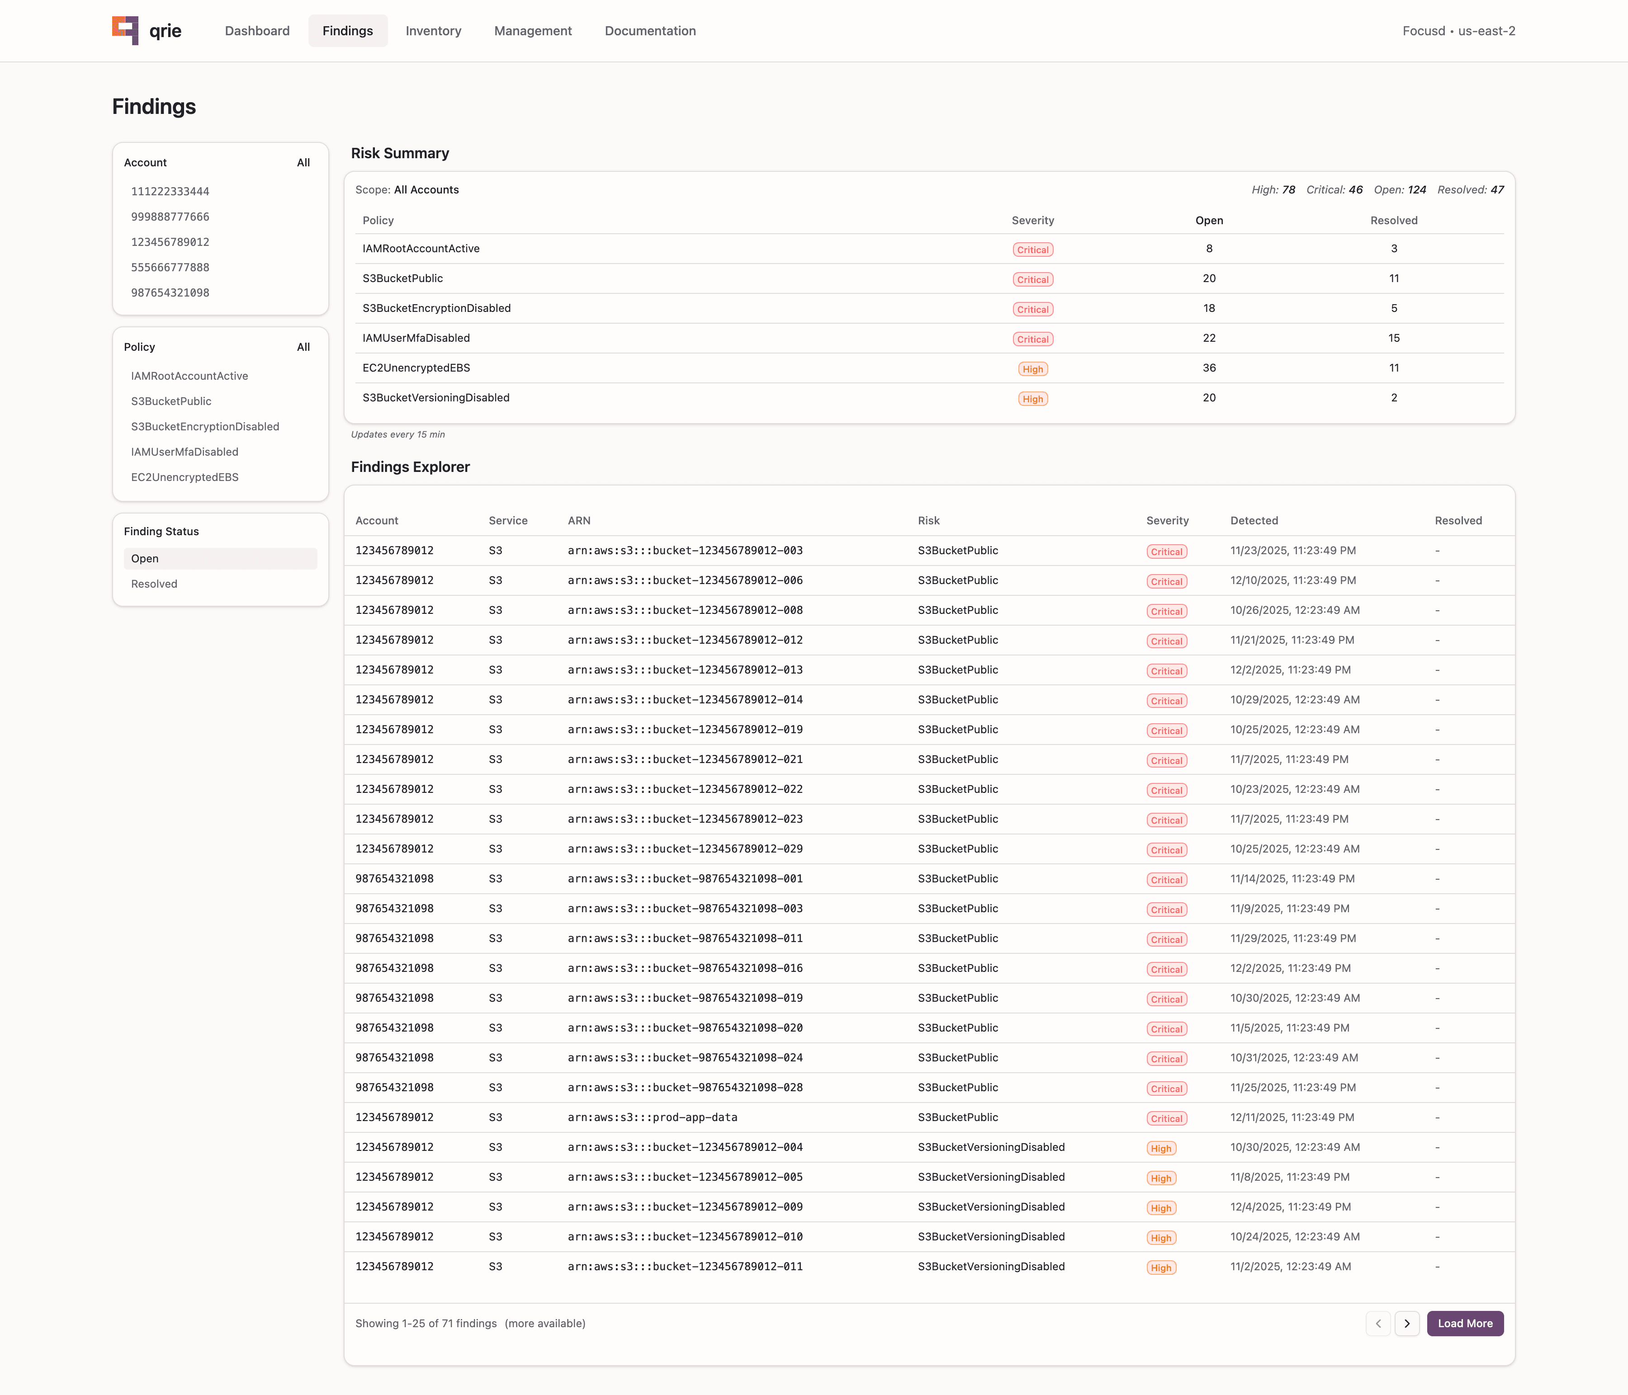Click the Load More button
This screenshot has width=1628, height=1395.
pyautogui.click(x=1465, y=1324)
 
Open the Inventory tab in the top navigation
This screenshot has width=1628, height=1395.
pyautogui.click(x=433, y=31)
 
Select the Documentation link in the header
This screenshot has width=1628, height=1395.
pyautogui.click(x=650, y=31)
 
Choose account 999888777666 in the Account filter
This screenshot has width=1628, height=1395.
pyautogui.click(x=170, y=217)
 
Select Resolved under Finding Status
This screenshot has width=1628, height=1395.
pyautogui.click(x=154, y=584)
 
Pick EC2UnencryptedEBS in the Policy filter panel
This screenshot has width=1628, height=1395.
pyautogui.click(x=185, y=477)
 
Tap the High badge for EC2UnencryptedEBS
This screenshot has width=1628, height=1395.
pyautogui.click(x=1032, y=369)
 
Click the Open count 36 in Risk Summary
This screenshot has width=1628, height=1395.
pyautogui.click(x=1208, y=368)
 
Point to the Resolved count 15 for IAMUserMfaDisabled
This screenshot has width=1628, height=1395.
pyautogui.click(x=1393, y=338)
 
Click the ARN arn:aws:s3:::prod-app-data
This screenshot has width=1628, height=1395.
pyautogui.click(x=652, y=1117)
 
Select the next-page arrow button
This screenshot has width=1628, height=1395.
pyautogui.click(x=1406, y=1324)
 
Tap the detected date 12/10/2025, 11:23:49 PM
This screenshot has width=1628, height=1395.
pyautogui.click(x=1292, y=580)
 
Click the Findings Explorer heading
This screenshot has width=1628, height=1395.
pyautogui.click(x=410, y=467)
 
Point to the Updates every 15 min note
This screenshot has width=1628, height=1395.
pyautogui.click(x=398, y=434)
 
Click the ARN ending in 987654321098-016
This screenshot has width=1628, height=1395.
pyautogui.click(x=684, y=968)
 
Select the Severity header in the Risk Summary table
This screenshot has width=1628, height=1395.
pyautogui.click(x=1032, y=221)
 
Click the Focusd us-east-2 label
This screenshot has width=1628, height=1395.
pyautogui.click(x=1458, y=31)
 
